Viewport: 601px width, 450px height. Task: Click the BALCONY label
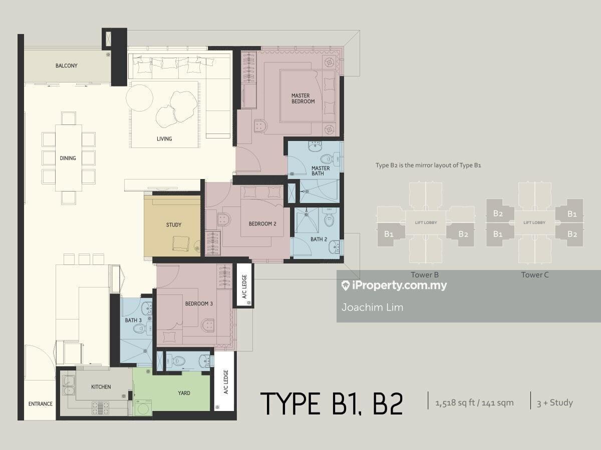pyautogui.click(x=66, y=65)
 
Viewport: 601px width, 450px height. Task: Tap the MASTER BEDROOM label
pyautogui.click(x=303, y=98)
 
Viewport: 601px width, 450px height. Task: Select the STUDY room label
pyautogui.click(x=174, y=225)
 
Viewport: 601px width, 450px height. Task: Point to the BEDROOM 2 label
pyautogui.click(x=262, y=224)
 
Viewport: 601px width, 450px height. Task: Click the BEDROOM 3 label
pyautogui.click(x=199, y=303)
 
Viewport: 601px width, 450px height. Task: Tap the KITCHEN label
pyautogui.click(x=101, y=387)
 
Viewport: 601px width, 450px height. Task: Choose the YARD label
pyautogui.click(x=184, y=393)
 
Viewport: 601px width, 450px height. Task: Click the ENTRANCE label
pyautogui.click(x=40, y=403)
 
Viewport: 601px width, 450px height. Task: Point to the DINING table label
pyautogui.click(x=68, y=158)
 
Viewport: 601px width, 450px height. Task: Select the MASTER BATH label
pyautogui.click(x=321, y=171)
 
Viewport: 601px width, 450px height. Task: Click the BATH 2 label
pyautogui.click(x=319, y=239)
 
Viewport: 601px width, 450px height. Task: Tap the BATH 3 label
pyautogui.click(x=133, y=320)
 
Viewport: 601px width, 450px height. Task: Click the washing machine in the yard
pyautogui.click(x=143, y=408)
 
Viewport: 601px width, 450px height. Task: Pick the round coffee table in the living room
pyautogui.click(x=139, y=98)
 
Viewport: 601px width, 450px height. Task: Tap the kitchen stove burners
pyautogui.click(x=100, y=408)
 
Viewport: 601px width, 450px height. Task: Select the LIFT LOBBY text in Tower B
pyautogui.click(x=426, y=222)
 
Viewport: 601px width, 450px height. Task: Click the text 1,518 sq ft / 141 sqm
pyautogui.click(x=474, y=403)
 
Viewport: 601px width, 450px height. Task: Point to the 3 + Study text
pyautogui.click(x=555, y=402)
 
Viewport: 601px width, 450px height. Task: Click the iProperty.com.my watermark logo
pyautogui.click(x=394, y=285)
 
